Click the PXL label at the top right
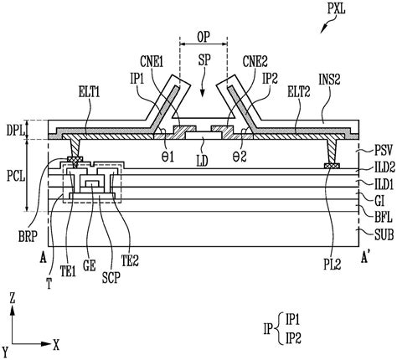pyautogui.click(x=337, y=9)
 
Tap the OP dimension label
pyautogui.click(x=204, y=37)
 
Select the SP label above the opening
pyautogui.click(x=204, y=60)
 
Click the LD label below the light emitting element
pyautogui.click(x=203, y=161)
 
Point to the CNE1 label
pyautogui.click(x=152, y=62)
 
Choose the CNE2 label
pyautogui.click(x=255, y=62)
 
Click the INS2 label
pyautogui.click(x=329, y=80)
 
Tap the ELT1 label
pyautogui.click(x=89, y=92)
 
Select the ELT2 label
pyautogui.click(x=299, y=92)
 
